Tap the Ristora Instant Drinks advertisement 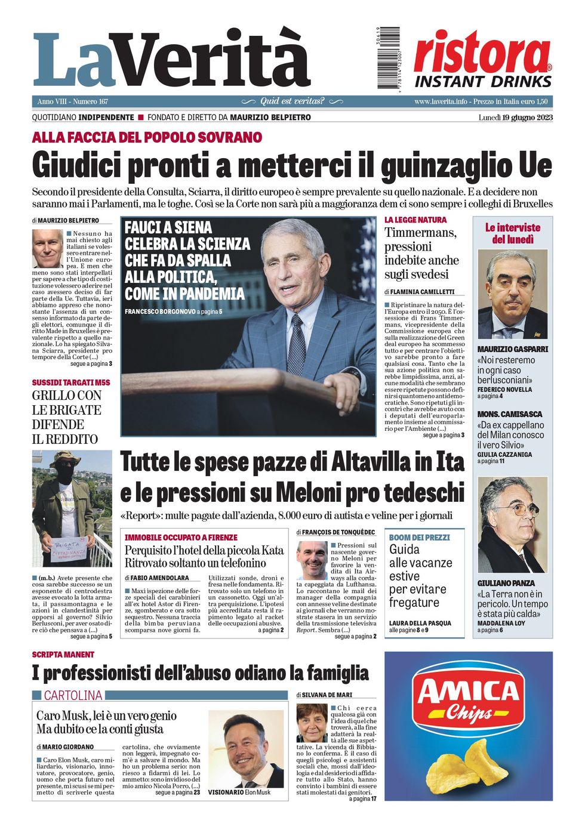(x=482, y=60)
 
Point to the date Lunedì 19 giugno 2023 (x=515, y=118)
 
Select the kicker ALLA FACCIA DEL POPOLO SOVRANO (x=147, y=137)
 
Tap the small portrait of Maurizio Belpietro (x=48, y=248)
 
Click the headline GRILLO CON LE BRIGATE (x=67, y=417)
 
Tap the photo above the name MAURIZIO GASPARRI (x=512, y=295)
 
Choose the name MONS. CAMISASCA (x=510, y=414)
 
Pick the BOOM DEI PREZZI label (x=419, y=537)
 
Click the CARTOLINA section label (x=73, y=695)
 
